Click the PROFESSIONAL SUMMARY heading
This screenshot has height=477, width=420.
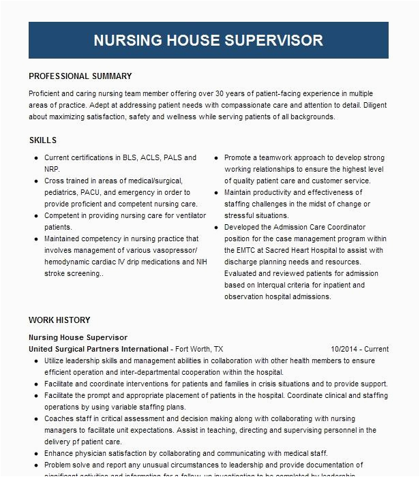pos(80,76)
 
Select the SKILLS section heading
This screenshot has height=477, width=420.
pos(42,140)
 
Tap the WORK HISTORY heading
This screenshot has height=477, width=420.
pos(59,320)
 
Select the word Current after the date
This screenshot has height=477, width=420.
pos(376,349)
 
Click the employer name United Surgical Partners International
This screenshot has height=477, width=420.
pos(98,349)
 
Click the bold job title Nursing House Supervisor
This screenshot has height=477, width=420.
pos(78,337)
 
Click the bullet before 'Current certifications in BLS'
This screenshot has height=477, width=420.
pos(35,157)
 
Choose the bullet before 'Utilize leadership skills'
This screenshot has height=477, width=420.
pos(35,360)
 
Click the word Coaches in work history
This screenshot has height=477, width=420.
pos(61,418)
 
